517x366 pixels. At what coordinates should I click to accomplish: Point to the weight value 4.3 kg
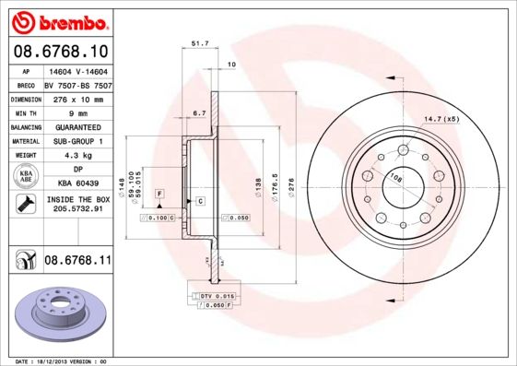pos(77,156)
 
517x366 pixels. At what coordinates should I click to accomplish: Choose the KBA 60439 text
pos(77,183)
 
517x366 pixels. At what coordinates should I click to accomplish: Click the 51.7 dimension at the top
pos(197,42)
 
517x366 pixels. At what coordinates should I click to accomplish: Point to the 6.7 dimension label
pos(198,112)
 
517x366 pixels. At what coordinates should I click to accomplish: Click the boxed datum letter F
pos(159,193)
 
